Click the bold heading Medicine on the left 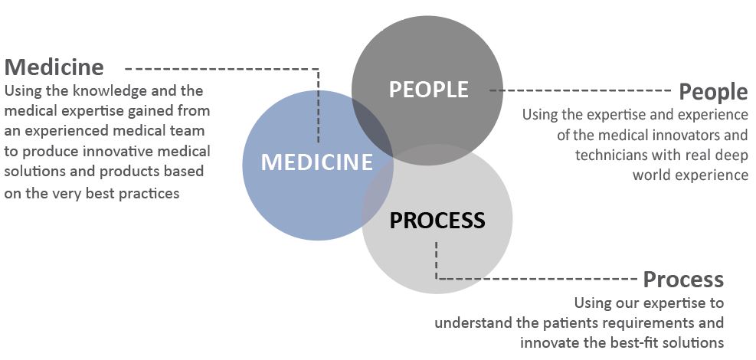(54, 67)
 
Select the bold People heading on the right (713, 92)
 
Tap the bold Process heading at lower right (683, 279)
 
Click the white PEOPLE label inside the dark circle (428, 90)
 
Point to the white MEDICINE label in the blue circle (316, 162)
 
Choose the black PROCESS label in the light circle (437, 221)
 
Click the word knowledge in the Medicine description (109, 90)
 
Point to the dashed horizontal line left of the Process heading (536, 278)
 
